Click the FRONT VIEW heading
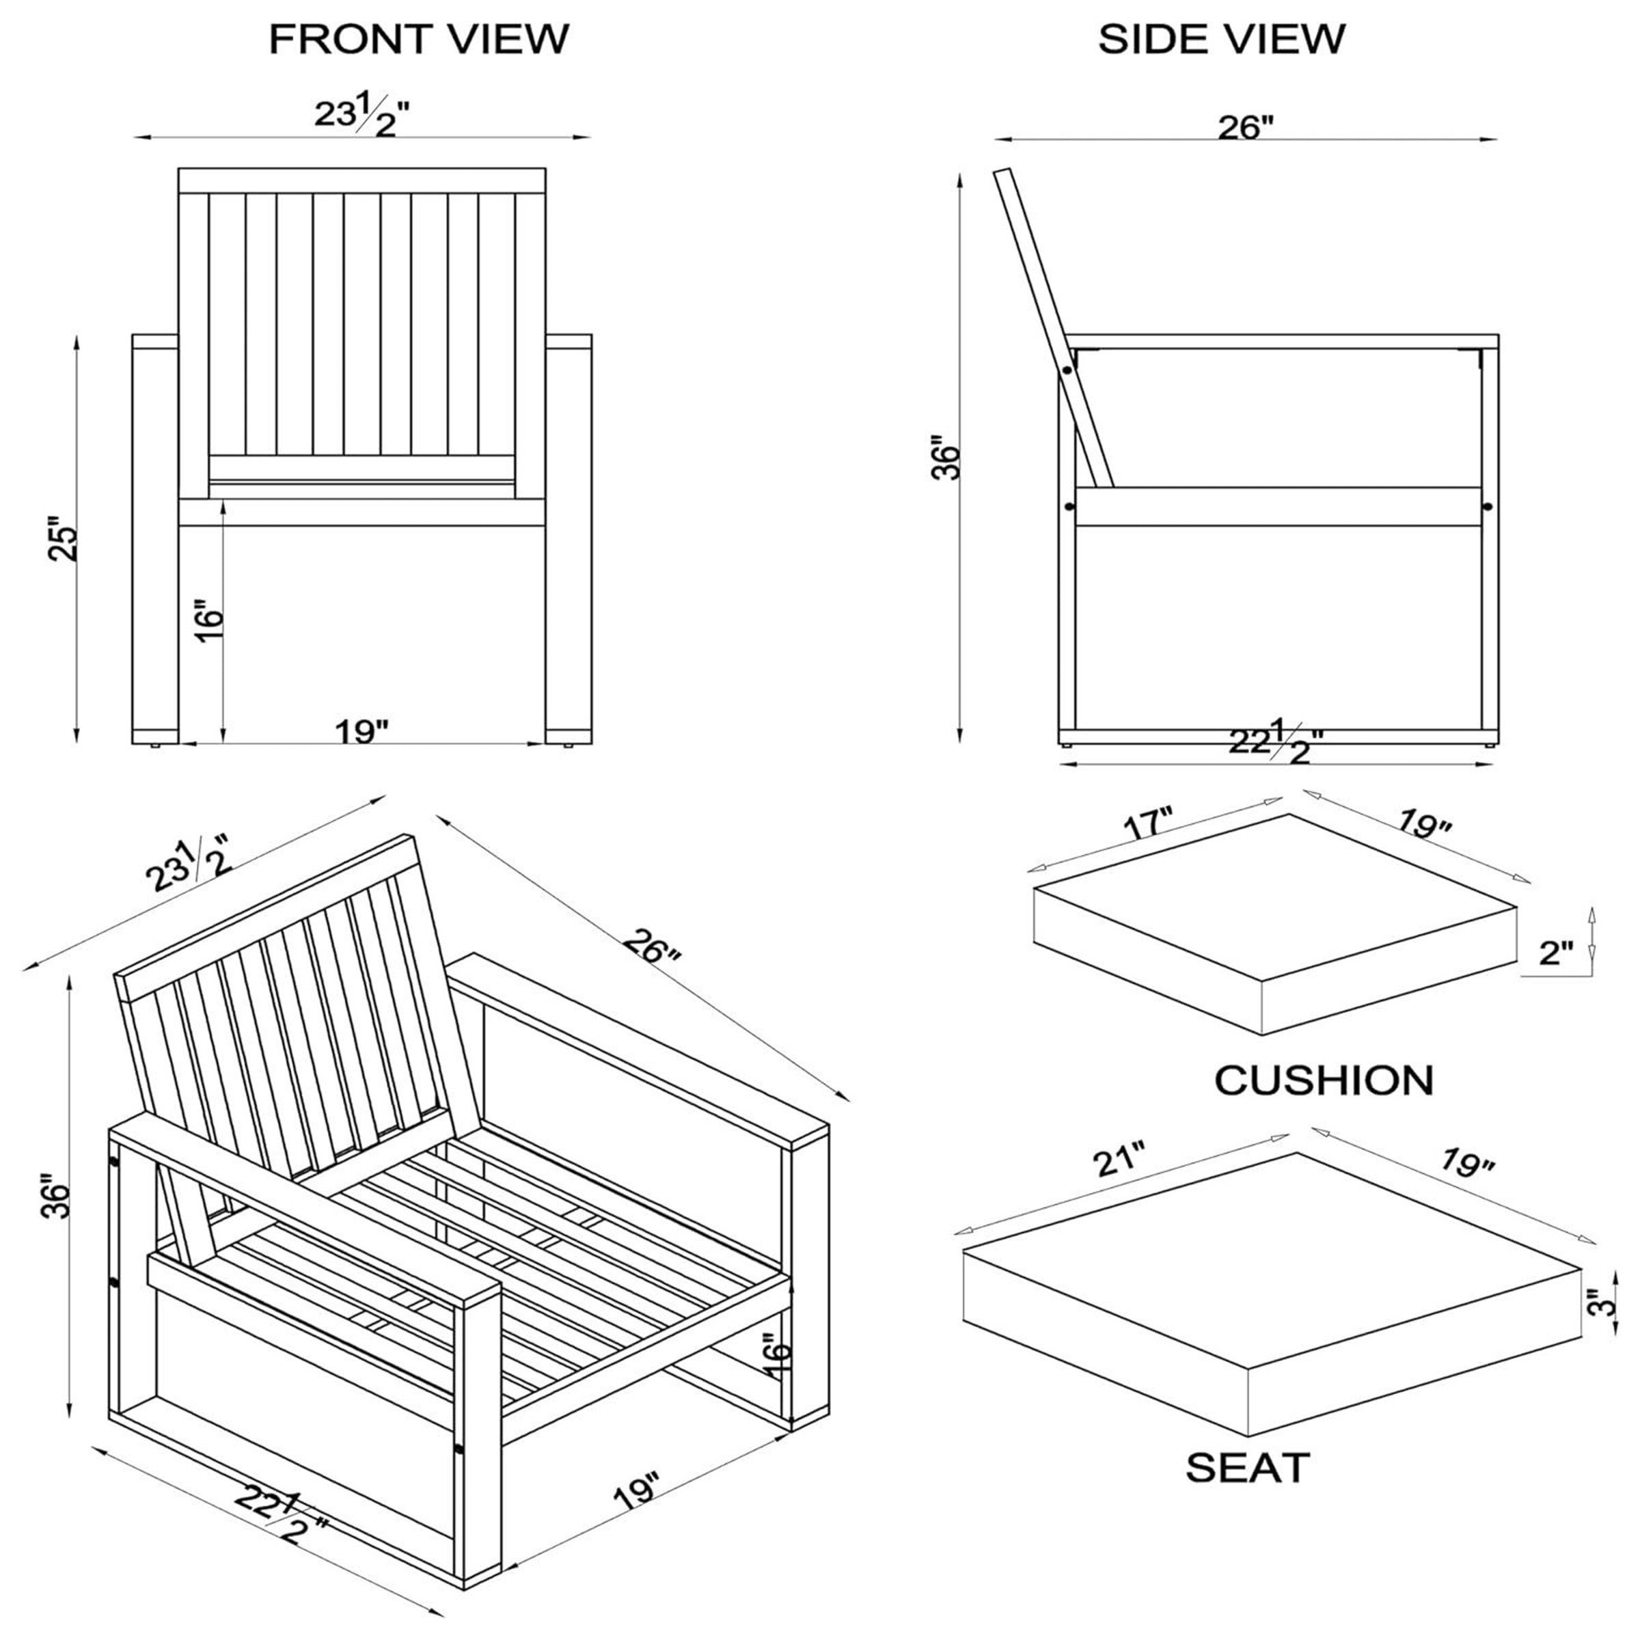[x=418, y=40]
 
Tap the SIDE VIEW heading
[x=1222, y=40]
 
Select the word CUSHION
[x=1324, y=1080]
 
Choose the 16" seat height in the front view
[x=209, y=624]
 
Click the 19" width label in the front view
[x=361, y=731]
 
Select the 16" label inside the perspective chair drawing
[x=776, y=1356]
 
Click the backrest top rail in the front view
[x=361, y=180]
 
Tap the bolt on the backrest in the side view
[x=1066, y=369]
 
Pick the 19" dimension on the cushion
[x=1423, y=823]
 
